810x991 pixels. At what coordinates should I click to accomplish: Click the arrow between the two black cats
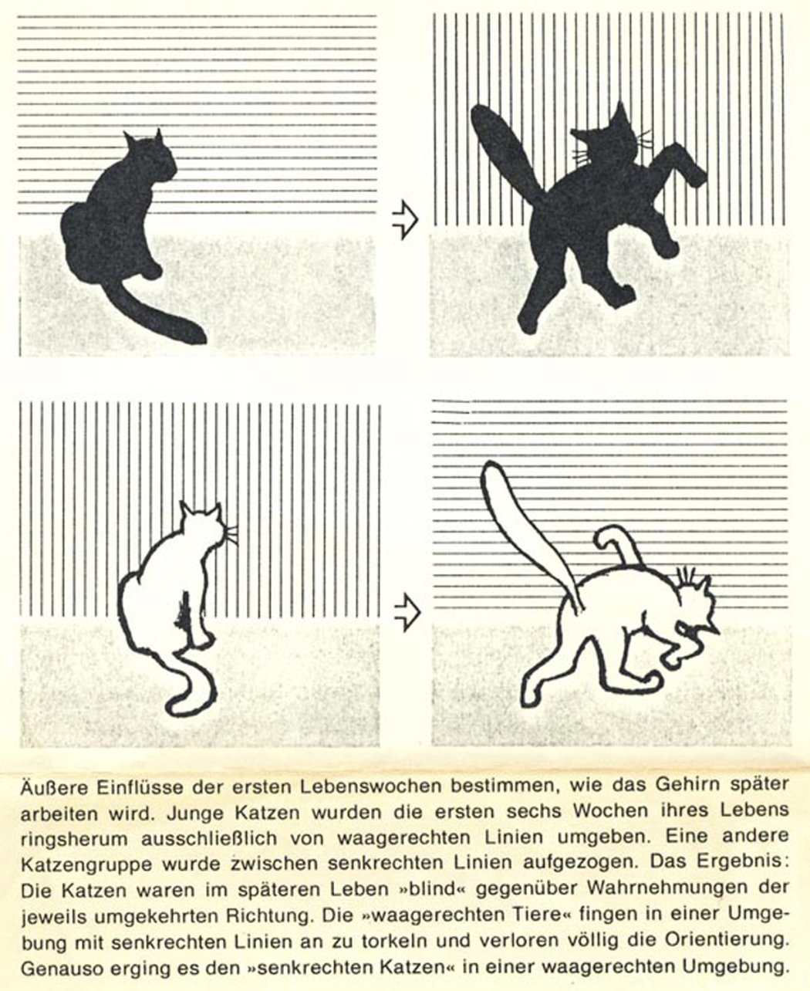pos(405,219)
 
